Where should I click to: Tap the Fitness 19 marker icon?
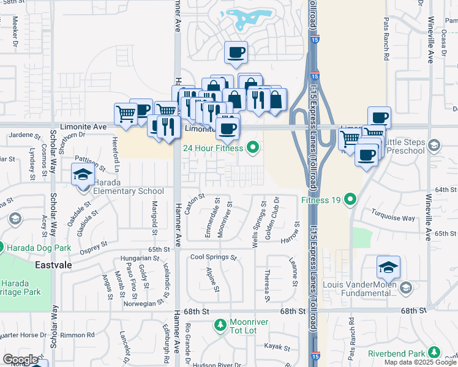point(350,199)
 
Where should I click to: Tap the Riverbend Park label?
point(396,353)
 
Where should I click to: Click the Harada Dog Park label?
point(39,248)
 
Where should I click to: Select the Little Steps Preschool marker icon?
point(434,145)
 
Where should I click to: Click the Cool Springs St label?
point(213,258)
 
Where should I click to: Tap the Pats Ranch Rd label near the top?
point(386,45)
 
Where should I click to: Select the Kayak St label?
point(277,347)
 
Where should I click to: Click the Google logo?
point(21,360)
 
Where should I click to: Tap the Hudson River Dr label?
point(217,365)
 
